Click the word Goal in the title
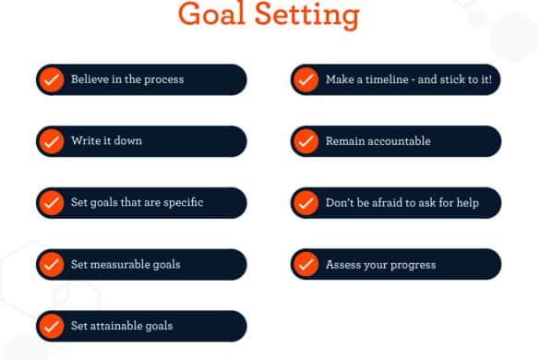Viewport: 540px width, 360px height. coord(211,14)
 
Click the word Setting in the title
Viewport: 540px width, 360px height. coord(307,16)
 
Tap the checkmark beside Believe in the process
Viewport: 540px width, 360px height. coord(52,79)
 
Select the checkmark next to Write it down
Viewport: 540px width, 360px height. coord(52,141)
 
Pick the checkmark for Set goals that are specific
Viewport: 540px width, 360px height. coord(52,203)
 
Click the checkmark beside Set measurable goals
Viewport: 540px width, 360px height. coord(52,265)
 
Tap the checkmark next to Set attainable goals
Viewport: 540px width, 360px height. coord(52,326)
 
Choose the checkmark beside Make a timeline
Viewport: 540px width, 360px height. coord(306,79)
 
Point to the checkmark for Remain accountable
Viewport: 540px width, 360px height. coord(306,141)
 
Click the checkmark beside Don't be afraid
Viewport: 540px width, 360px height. coord(306,203)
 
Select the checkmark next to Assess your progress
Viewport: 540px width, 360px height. coord(306,265)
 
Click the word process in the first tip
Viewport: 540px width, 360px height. coord(163,80)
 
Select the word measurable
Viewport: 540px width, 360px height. coord(119,264)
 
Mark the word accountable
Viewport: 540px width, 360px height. coord(398,141)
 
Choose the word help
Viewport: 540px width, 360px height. coord(468,202)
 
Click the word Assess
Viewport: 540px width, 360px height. coord(341,265)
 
